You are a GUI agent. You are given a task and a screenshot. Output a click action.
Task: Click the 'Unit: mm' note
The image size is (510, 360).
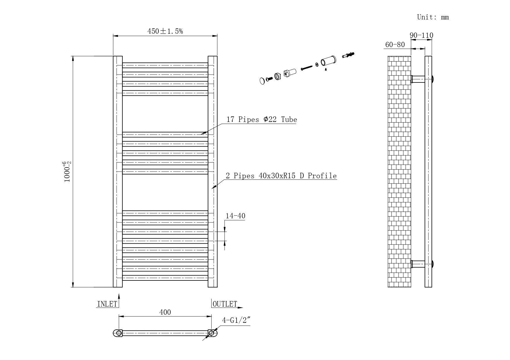click(433, 17)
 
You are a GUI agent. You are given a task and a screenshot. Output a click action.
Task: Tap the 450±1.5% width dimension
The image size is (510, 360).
click(165, 31)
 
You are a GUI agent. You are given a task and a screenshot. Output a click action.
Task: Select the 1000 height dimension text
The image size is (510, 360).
click(67, 172)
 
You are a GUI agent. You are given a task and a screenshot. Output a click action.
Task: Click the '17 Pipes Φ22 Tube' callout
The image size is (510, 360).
click(262, 119)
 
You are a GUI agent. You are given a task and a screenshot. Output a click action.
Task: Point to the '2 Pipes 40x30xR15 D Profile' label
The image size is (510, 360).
click(281, 176)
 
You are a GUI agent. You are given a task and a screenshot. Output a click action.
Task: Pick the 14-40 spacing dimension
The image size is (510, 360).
click(235, 216)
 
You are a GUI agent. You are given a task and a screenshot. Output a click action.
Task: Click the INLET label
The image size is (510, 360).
click(107, 304)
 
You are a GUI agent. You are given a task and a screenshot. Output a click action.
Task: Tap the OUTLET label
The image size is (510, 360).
click(225, 304)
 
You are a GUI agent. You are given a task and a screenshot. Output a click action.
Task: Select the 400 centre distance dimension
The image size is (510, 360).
click(165, 312)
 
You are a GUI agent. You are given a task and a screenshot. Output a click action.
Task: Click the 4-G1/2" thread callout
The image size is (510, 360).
click(236, 320)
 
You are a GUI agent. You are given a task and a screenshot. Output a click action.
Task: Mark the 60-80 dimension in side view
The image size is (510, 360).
click(395, 45)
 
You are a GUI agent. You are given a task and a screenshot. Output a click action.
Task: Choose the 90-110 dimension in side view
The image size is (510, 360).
click(421, 35)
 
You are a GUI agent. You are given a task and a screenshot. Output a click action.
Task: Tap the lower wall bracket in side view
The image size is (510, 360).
click(418, 264)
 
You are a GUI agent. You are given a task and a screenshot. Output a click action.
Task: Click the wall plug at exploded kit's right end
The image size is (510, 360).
click(348, 55)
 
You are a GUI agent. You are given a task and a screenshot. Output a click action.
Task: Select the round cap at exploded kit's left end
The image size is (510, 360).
click(262, 80)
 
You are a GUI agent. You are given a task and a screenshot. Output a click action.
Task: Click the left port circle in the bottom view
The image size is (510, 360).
click(119, 333)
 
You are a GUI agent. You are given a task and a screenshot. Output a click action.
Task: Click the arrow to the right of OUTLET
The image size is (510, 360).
click(240, 307)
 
